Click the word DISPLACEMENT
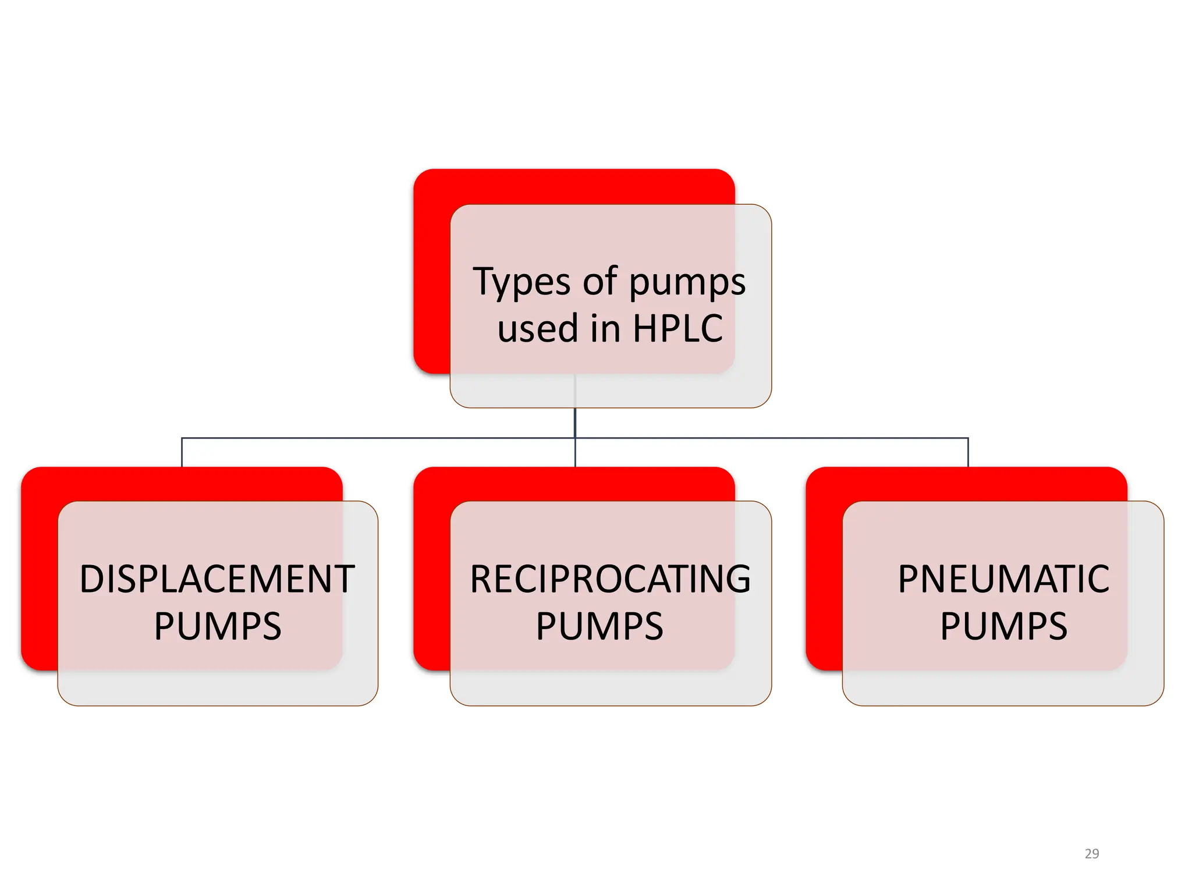tap(217, 579)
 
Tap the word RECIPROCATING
tap(610, 579)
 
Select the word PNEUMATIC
tap(1003, 579)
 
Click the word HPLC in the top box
tap(677, 328)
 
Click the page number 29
tap(1092, 854)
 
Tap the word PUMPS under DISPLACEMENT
tap(218, 627)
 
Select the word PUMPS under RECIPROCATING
tap(599, 627)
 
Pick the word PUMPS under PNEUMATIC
tap(1003, 627)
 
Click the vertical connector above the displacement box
tap(182, 452)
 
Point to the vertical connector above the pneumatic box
tap(968, 452)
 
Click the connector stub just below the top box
tap(575, 422)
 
